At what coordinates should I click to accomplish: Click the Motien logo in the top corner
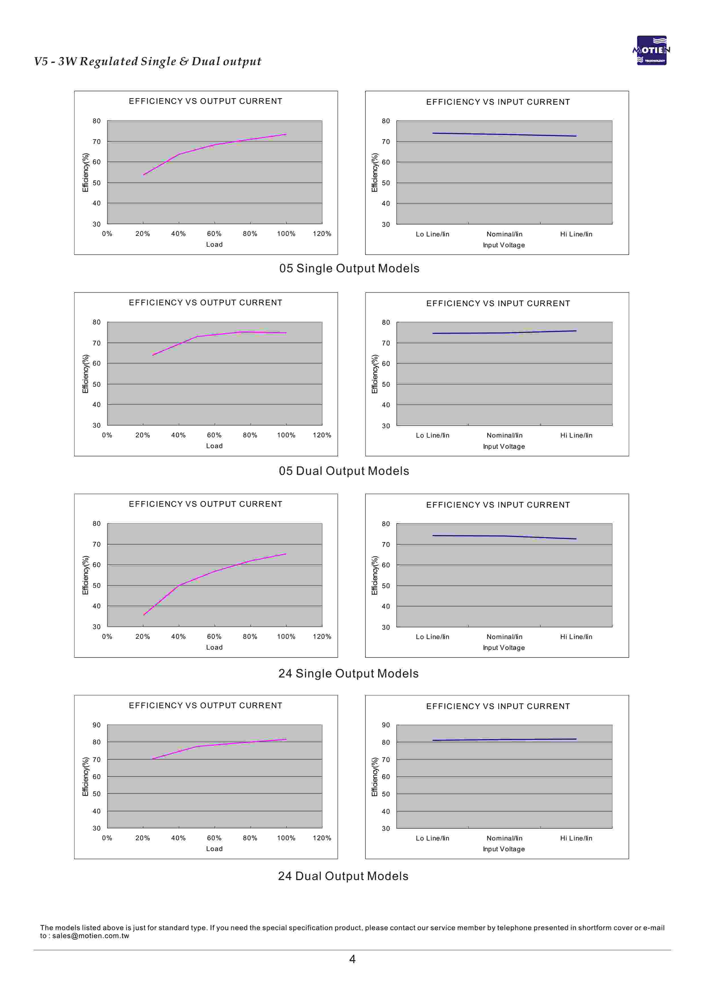tap(651, 50)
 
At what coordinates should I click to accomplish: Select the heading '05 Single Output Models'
tap(349, 268)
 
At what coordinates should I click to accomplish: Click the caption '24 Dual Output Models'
tap(343, 876)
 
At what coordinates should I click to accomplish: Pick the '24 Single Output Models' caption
tap(348, 673)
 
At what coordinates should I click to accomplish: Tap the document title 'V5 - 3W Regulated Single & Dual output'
tap(148, 61)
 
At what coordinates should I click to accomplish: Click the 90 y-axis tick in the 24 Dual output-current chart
tap(96, 725)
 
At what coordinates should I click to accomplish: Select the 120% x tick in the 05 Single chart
tap(322, 234)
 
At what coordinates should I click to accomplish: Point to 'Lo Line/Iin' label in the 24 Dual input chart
tap(432, 838)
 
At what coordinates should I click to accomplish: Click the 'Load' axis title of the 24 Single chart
tap(214, 647)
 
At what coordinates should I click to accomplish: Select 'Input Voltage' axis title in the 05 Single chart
tap(504, 245)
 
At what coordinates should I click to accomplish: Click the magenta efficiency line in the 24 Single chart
tap(214, 571)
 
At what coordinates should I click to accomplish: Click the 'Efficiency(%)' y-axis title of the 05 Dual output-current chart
tap(86, 374)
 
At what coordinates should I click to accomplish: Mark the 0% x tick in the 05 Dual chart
tap(107, 435)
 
